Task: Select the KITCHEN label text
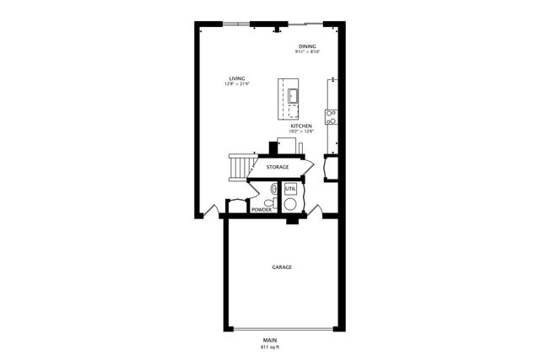click(x=301, y=126)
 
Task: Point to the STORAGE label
click(x=278, y=167)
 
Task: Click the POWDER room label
click(x=262, y=209)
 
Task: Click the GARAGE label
click(x=282, y=267)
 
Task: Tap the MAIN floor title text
click(x=269, y=340)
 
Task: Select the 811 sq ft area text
click(x=269, y=347)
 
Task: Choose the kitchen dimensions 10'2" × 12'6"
click(x=301, y=132)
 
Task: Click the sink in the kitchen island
click(x=294, y=94)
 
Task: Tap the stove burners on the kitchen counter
click(x=332, y=116)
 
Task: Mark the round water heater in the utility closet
click(x=290, y=203)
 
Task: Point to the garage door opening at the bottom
click(x=282, y=329)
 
